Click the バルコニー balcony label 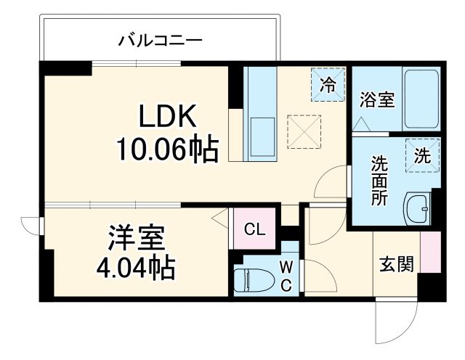click(x=160, y=39)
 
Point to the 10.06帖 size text click(x=167, y=150)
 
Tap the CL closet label click(x=254, y=231)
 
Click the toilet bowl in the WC click(x=251, y=279)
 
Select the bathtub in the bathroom click(x=421, y=101)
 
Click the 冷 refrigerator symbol click(x=328, y=83)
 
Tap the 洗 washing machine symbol click(x=422, y=154)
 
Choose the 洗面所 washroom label click(x=379, y=181)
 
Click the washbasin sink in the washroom click(x=416, y=210)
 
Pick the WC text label click(x=287, y=275)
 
